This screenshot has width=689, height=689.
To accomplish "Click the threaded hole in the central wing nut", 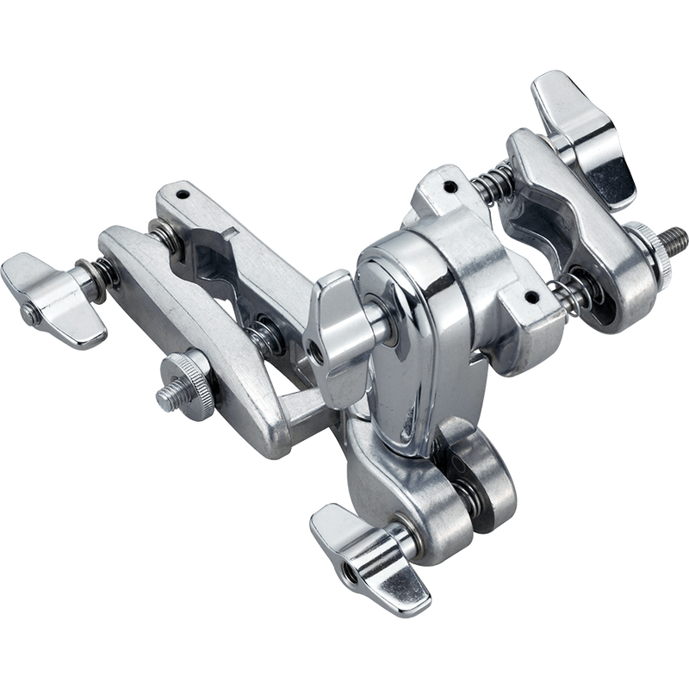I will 321,348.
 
